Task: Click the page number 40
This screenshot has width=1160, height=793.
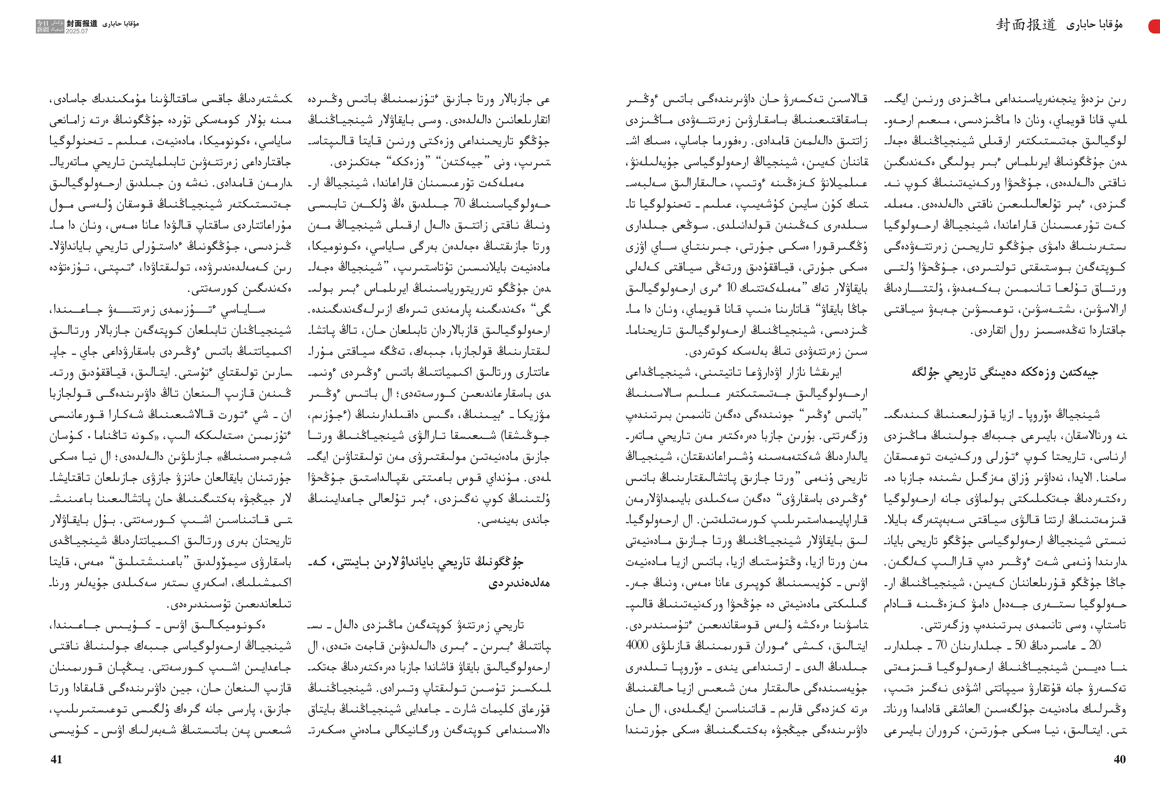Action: click(1120, 759)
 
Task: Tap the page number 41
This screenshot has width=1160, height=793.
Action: click(56, 759)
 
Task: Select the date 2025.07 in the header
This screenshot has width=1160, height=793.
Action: click(77, 31)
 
